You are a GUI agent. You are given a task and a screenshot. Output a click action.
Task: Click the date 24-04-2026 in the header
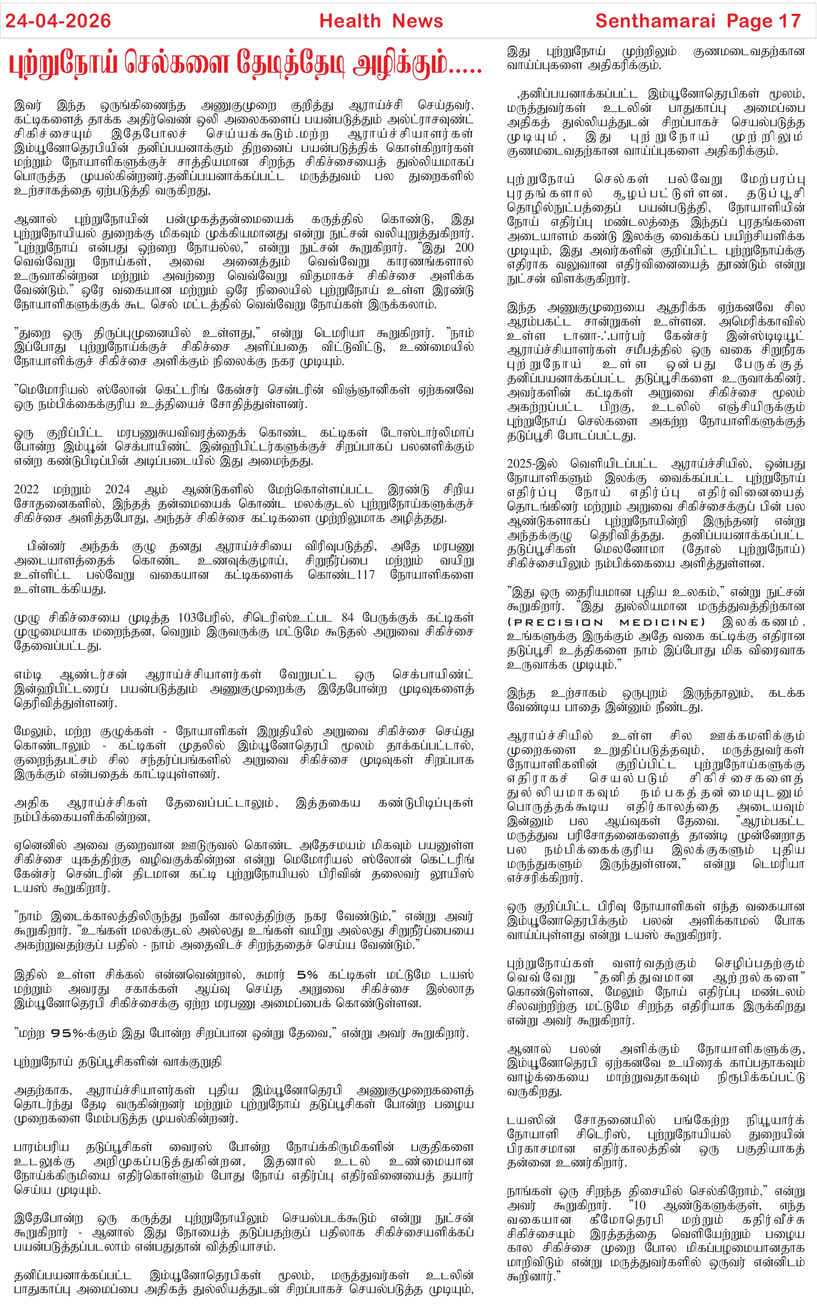58,21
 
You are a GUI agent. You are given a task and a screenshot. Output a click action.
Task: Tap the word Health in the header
350,21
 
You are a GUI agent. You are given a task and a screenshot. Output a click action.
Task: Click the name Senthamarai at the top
655,21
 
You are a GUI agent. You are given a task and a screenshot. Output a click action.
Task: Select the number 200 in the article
464,248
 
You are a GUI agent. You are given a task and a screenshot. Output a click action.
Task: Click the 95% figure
67,1033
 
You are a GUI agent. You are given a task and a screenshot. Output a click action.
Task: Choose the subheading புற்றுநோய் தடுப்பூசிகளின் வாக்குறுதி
117,1062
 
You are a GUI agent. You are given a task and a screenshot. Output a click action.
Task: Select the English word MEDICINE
662,622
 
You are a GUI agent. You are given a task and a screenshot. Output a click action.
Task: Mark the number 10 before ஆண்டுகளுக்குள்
640,1205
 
